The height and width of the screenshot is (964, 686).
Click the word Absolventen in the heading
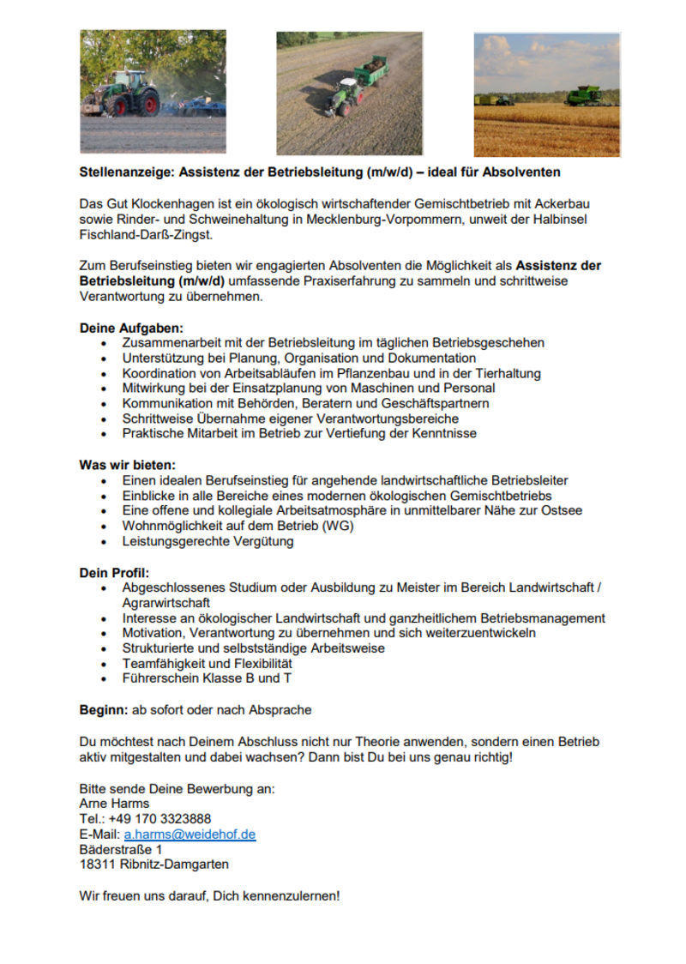click(520, 172)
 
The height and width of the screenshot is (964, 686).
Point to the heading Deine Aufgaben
click(131, 328)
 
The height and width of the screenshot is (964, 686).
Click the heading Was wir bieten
click(128, 465)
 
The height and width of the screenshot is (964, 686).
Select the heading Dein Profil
click(114, 572)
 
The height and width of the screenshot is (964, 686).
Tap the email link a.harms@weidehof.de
click(190, 834)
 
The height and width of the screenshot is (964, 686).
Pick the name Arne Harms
click(114, 804)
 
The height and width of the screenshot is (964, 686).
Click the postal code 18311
click(96, 865)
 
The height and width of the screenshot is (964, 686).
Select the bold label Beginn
click(103, 710)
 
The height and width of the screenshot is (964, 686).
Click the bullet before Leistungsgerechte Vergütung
click(105, 542)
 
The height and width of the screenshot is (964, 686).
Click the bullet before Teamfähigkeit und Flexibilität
click(105, 664)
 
